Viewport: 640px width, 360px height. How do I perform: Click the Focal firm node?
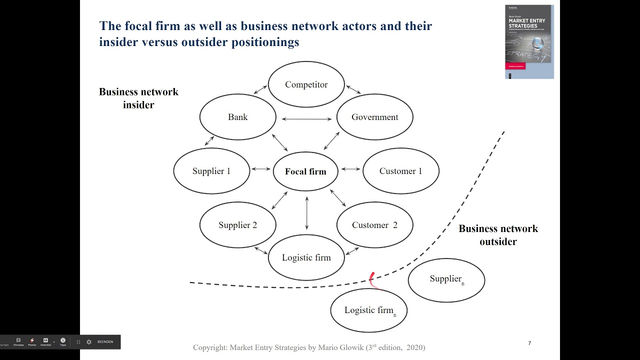[305, 171]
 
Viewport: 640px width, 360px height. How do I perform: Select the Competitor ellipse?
[306, 84]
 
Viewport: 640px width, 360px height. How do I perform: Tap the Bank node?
[237, 117]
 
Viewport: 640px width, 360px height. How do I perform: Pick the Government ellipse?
[374, 117]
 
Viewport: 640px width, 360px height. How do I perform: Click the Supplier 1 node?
[211, 171]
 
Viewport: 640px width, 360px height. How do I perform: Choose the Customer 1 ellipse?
[400, 171]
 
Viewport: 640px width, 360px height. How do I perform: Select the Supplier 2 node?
[237, 225]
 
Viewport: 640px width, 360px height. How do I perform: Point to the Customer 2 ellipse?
[374, 225]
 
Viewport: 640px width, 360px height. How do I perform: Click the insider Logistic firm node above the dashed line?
[306, 257]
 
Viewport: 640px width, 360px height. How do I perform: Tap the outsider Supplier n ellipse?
[446, 280]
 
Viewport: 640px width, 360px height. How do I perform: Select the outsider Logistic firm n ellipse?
[369, 310]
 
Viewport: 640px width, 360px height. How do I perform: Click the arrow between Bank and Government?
[306, 119]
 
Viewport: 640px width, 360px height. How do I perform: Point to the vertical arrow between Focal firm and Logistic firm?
[306, 213]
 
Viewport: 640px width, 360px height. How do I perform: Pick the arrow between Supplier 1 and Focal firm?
[261, 169]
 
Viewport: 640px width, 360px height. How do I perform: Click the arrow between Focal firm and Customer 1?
[350, 169]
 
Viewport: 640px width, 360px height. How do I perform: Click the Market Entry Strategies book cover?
[529, 41]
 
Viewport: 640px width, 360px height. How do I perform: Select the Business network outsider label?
[498, 235]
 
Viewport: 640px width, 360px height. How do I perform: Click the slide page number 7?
[529, 343]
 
